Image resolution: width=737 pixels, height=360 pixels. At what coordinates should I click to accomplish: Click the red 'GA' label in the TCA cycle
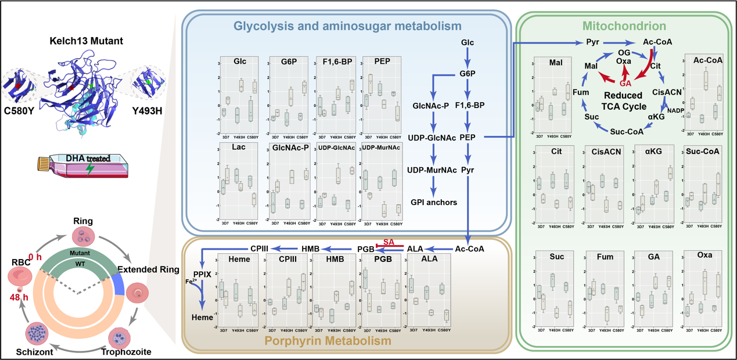coord(626,84)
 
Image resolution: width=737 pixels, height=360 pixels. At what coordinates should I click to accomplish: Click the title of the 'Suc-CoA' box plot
coord(704,151)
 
